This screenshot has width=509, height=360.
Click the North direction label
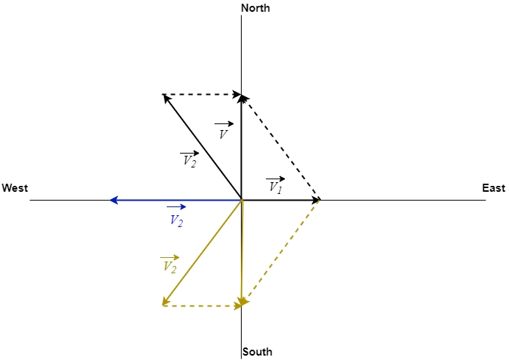pyautogui.click(x=256, y=8)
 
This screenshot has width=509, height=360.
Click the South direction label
pyautogui.click(x=257, y=352)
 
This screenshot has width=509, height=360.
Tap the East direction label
pyautogui.click(x=494, y=189)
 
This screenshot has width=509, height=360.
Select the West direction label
pyautogui.click(x=15, y=189)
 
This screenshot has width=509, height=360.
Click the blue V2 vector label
pyautogui.click(x=176, y=218)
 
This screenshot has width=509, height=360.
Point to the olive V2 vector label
pyautogui.click(x=169, y=265)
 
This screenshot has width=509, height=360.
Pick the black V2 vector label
pyautogui.click(x=189, y=159)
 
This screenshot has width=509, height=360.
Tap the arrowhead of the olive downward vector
pyautogui.click(x=242, y=301)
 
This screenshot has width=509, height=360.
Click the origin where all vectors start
pyautogui.click(x=242, y=200)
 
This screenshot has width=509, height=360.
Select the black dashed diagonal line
pyautogui.click(x=281, y=148)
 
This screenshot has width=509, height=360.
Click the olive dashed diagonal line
pyautogui.click(x=281, y=252)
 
